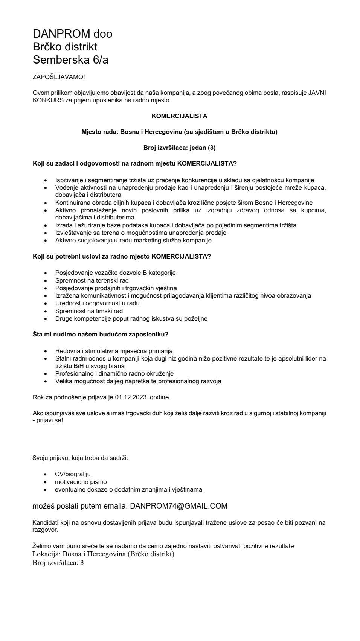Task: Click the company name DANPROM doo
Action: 72,34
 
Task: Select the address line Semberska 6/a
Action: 70,59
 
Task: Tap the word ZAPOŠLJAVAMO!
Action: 59,77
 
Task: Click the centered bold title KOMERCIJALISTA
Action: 179,116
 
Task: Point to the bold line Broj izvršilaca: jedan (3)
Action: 179,148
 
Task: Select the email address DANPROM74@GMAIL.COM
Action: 178,506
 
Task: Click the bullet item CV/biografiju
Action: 74,474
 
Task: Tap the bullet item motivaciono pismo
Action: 81,482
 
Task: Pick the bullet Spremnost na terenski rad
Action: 92,280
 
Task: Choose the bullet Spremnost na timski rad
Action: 89,311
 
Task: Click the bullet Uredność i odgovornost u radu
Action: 97,303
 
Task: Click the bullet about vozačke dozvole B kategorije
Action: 115,273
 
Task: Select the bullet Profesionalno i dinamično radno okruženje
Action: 114,373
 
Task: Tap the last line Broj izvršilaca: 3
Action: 58,563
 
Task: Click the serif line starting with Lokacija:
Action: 103,554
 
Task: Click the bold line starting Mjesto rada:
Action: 179,132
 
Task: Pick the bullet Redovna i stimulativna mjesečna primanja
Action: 114,351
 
